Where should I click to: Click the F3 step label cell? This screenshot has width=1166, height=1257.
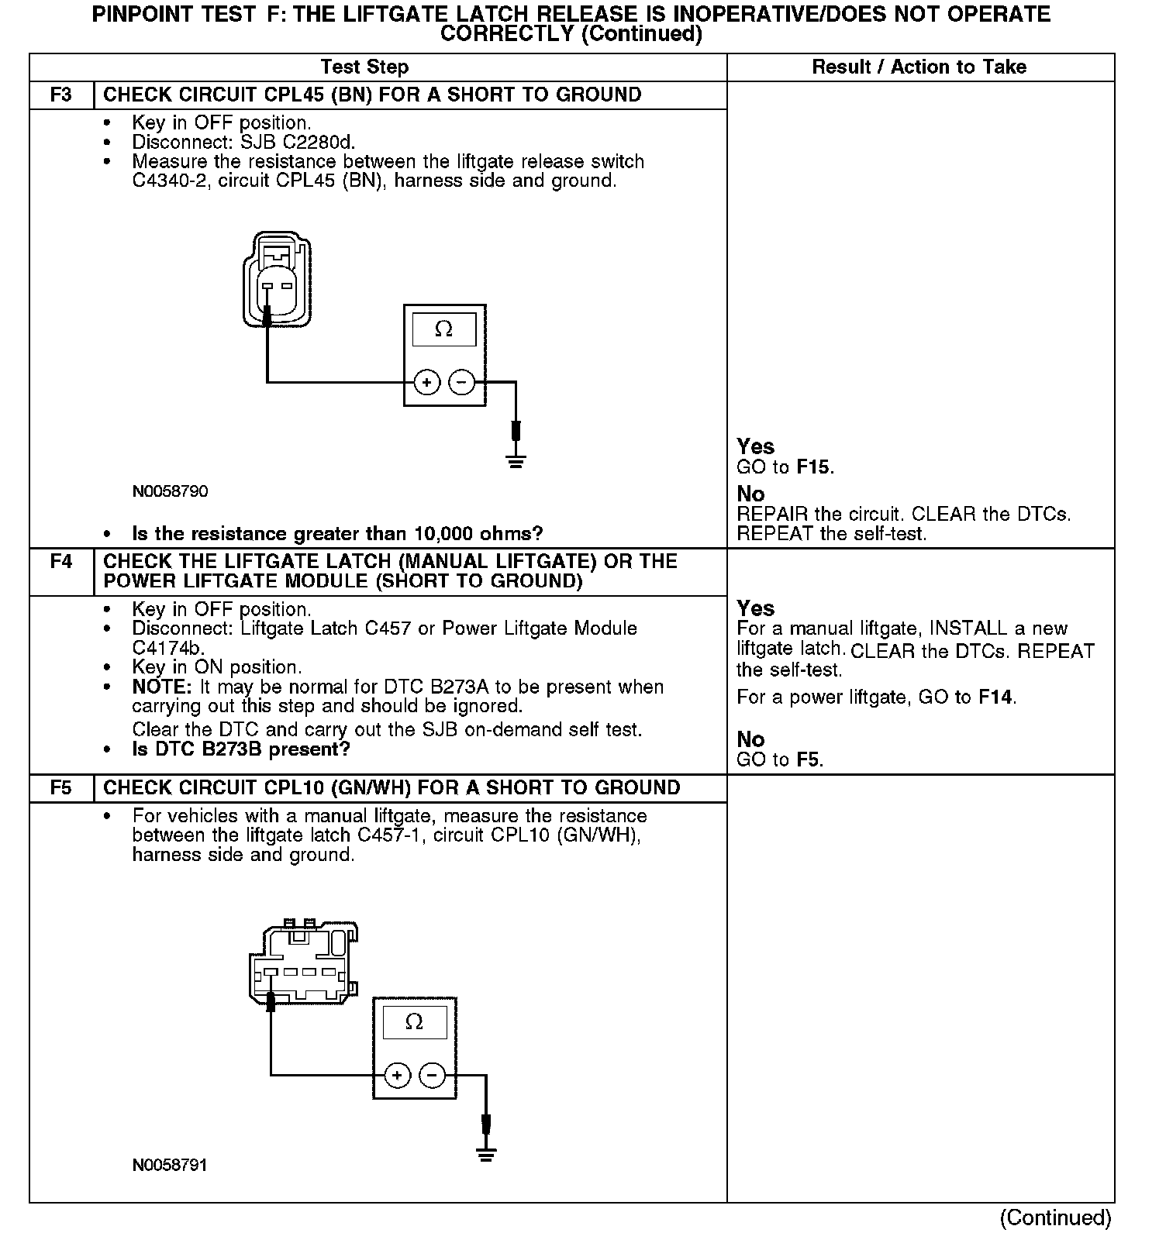(61, 95)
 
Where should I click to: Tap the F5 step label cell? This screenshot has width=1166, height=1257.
(61, 788)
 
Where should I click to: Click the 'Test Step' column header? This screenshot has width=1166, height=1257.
(364, 67)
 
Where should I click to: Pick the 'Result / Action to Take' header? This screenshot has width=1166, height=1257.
(919, 67)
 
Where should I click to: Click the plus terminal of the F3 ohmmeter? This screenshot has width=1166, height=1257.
(426, 382)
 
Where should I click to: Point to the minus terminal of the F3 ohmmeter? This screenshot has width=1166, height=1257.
(462, 382)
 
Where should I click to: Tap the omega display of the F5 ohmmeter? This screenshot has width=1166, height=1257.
(414, 1022)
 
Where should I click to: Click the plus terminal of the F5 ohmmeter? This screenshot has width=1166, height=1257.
(397, 1076)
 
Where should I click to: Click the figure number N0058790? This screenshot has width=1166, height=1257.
(170, 492)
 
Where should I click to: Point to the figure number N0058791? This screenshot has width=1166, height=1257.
(170, 1166)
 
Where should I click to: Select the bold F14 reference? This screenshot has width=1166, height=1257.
(995, 697)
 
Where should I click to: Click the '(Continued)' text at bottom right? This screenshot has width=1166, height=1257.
(1055, 1218)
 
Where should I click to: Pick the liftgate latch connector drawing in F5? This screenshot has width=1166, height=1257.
(302, 961)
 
